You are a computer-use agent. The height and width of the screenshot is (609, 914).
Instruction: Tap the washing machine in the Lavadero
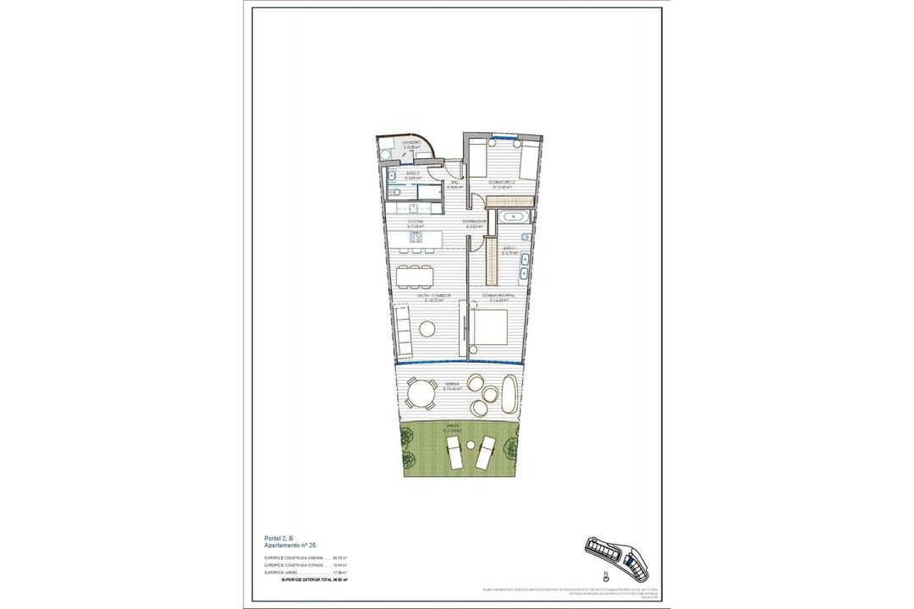pos(385,154)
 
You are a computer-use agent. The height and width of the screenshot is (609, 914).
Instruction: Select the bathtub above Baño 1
pos(513,217)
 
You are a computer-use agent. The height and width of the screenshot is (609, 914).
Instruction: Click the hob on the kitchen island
pos(417,239)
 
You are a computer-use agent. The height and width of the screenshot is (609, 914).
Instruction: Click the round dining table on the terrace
pos(420,394)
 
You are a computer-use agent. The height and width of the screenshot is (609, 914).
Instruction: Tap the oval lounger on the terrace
pos(509,394)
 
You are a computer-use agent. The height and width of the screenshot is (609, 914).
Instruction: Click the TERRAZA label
pos(454,385)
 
